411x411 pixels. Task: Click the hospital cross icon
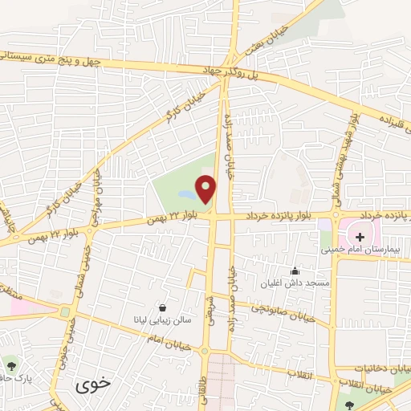[x=360, y=237]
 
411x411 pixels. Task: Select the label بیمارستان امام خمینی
[x=360, y=250]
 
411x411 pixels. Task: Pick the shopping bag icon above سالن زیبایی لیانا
[x=163, y=307]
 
